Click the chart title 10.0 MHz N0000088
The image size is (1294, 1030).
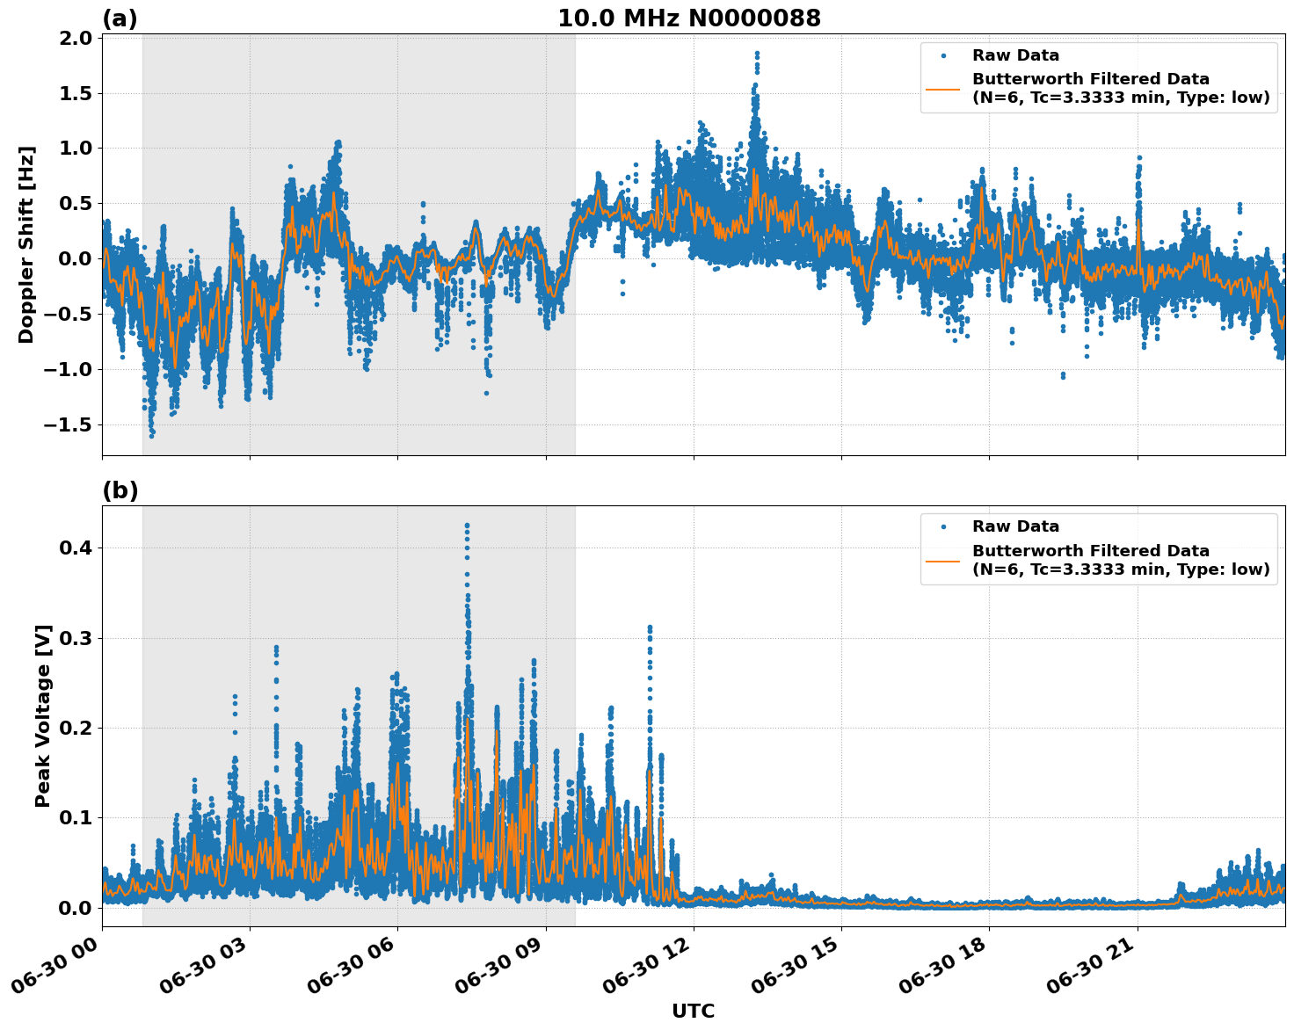688,18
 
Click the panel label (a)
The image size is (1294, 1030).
120,18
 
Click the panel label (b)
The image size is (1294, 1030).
120,490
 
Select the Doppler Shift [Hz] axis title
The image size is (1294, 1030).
26,244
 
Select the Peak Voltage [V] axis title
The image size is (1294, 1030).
43,715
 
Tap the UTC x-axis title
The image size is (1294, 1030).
693,1011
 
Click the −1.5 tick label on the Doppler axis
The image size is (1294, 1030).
69,424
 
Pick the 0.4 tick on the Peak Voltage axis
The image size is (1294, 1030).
77,548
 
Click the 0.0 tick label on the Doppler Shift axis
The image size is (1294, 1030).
77,258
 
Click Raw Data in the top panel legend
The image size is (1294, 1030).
1015,55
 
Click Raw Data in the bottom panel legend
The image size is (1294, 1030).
1015,526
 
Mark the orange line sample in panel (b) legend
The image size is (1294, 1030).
943,560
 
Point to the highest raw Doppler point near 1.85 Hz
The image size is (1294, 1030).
756,54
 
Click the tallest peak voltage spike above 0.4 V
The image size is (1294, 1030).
467,526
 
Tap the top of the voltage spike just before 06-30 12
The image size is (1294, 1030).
650,627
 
